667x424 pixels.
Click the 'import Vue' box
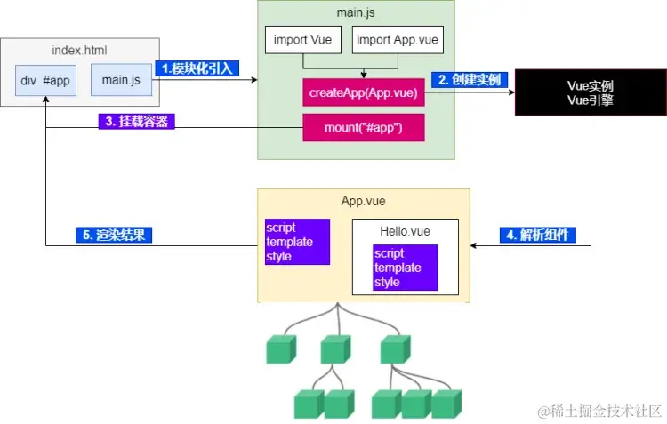tap(303, 39)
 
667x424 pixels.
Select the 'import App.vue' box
tap(398, 39)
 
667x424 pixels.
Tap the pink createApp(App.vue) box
tap(364, 92)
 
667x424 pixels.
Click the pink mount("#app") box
tap(364, 128)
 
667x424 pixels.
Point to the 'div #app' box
tap(46, 80)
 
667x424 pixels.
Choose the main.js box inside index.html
tap(121, 80)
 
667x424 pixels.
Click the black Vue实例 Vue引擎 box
tap(591, 92)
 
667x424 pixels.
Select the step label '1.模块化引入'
tap(197, 68)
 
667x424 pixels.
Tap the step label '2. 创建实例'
tap(470, 79)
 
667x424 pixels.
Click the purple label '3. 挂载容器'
tap(137, 121)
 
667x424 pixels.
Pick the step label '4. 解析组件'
tap(538, 235)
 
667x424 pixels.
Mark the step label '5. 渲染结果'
tap(114, 235)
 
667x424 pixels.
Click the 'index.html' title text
tap(79, 50)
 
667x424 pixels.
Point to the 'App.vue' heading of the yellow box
tap(363, 201)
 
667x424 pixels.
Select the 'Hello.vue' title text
tap(405, 231)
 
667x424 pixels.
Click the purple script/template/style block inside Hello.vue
tap(406, 268)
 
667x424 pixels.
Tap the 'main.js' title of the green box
tap(356, 12)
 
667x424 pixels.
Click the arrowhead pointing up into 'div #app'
tap(46, 99)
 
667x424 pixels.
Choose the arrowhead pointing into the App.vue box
tap(473, 245)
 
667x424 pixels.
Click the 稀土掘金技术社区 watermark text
tap(599, 412)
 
